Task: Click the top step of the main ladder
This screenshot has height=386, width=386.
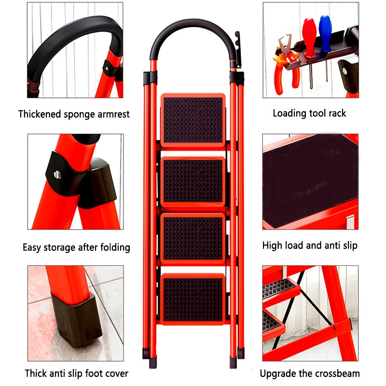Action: coord(193,120)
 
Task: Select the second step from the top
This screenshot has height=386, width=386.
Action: coord(193,181)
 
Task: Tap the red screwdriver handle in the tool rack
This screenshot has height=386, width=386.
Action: coord(309,32)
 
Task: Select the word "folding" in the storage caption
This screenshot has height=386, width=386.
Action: coord(112,248)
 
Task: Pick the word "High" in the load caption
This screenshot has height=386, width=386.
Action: coord(272,246)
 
